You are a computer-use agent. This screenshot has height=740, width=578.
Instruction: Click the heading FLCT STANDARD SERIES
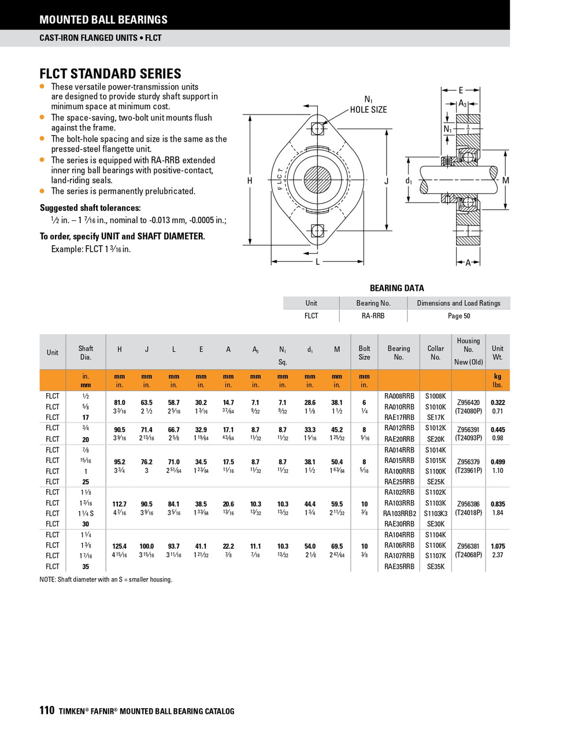[x=110, y=74]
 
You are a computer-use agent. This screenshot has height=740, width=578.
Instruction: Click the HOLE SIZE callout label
[x=368, y=110]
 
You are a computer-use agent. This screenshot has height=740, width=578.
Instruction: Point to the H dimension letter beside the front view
[x=250, y=181]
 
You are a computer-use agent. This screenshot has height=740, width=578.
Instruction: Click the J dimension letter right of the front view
[x=386, y=181]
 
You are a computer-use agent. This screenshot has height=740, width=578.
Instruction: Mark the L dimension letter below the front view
[x=317, y=262]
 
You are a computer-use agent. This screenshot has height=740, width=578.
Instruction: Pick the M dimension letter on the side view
[x=506, y=180]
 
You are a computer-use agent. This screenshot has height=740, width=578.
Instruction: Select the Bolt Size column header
[x=364, y=353]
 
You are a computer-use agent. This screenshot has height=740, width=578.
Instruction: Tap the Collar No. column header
[x=436, y=353]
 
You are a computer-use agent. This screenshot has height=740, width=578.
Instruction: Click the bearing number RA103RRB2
[x=399, y=513]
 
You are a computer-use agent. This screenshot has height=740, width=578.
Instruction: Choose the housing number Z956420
[x=468, y=403]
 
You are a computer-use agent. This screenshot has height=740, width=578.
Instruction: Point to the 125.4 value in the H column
[x=120, y=546]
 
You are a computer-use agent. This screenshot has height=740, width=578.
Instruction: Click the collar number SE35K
[x=436, y=567]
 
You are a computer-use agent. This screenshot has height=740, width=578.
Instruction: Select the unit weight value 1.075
[x=498, y=546]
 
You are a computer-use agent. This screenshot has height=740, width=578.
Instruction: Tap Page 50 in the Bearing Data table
[x=459, y=316]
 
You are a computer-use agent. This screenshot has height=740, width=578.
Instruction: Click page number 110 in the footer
[x=47, y=711]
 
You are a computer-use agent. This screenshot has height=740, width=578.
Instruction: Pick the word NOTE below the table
[x=47, y=579]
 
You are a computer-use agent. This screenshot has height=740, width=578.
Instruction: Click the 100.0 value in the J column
[x=147, y=546]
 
